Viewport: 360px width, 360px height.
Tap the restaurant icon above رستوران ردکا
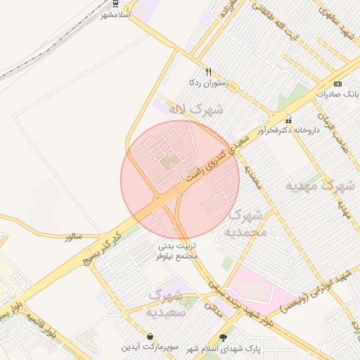pos(208,72)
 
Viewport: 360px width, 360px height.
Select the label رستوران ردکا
pos(210,83)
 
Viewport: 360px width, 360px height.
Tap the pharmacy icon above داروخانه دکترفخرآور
pos(289,120)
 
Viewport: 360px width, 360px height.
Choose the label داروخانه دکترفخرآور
pos(288,131)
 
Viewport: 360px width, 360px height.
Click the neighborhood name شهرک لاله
pos(195,110)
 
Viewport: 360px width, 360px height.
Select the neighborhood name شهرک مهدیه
pos(319,186)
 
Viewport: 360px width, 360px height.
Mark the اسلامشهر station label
pos(116,15)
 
